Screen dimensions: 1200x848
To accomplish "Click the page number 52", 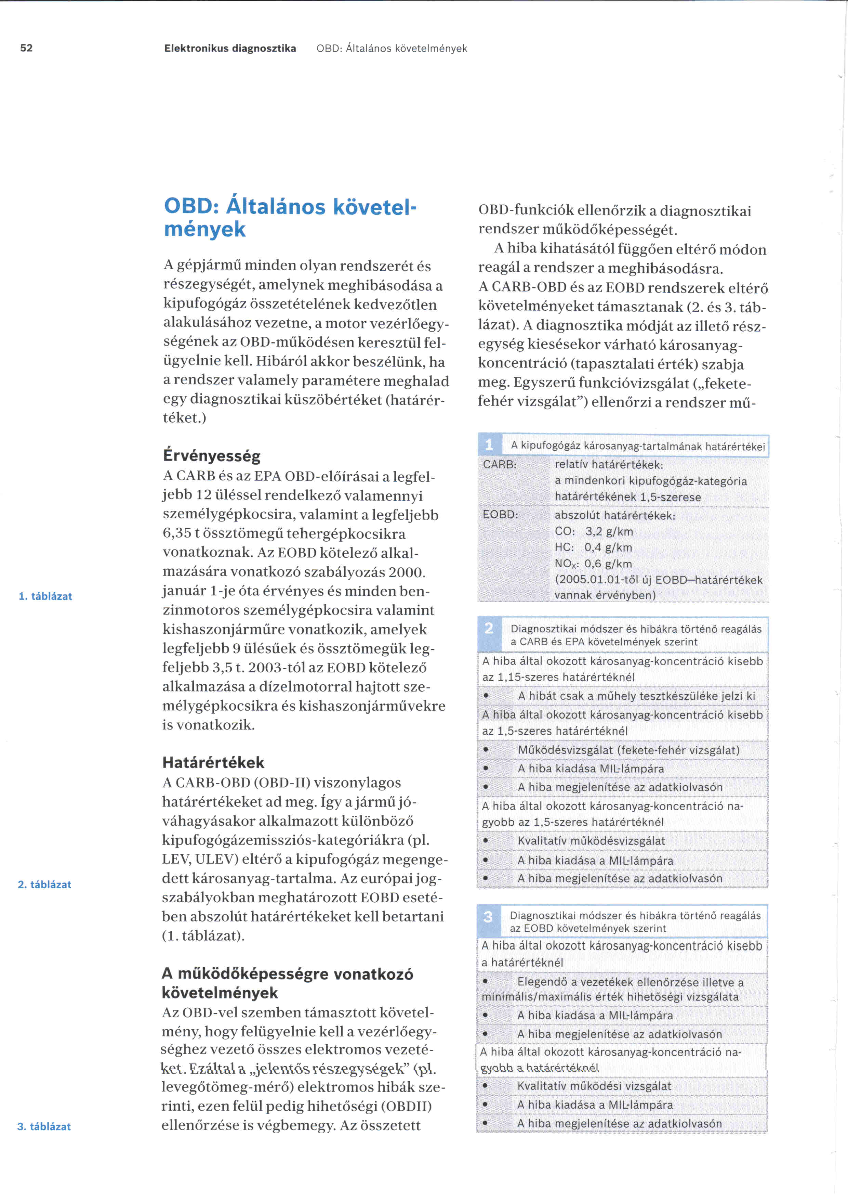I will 26,48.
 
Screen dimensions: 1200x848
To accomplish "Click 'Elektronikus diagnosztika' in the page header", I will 230,49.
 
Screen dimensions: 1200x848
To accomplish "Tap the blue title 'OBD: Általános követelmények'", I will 290,217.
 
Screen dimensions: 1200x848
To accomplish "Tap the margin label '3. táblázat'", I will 44,1126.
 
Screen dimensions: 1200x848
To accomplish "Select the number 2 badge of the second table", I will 489,628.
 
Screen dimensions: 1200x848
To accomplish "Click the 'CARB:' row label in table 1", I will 500,464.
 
